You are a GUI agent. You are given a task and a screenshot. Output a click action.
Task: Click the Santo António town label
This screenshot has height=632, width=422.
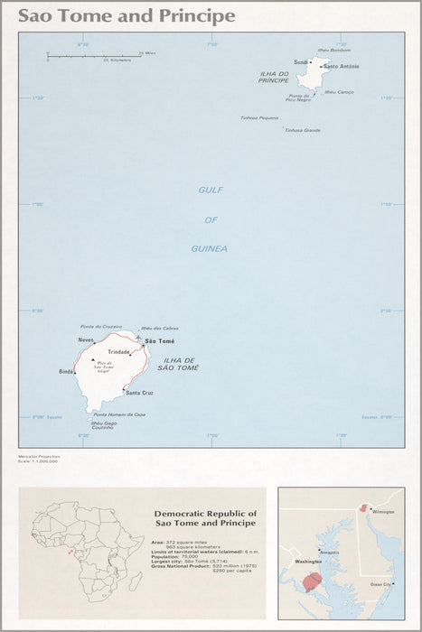click(x=342, y=66)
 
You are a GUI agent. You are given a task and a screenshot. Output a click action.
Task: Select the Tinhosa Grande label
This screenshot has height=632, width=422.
click(x=302, y=130)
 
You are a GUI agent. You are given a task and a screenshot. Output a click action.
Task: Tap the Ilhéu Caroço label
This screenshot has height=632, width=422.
click(x=339, y=92)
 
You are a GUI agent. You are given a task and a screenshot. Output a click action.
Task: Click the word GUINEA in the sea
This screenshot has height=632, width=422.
click(x=210, y=248)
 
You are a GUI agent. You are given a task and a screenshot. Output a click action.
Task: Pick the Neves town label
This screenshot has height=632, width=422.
click(x=86, y=339)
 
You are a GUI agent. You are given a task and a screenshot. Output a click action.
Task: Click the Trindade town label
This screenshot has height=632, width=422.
click(x=119, y=351)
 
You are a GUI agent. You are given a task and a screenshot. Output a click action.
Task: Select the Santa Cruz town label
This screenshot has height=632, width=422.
click(x=140, y=394)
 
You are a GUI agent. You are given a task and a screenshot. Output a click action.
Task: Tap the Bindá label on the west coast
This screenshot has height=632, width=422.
click(x=67, y=371)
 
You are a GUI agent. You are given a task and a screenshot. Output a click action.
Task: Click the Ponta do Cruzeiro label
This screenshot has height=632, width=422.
click(x=100, y=327)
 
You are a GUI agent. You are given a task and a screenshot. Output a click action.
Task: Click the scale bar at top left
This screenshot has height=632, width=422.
click(x=93, y=56)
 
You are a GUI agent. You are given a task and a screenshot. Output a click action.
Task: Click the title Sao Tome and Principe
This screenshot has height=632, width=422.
click(x=127, y=16)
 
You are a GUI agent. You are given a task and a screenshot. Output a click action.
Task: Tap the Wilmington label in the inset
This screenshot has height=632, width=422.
click(x=383, y=512)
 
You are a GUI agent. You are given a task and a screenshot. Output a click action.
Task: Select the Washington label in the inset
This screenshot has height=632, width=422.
click(x=297, y=561)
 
